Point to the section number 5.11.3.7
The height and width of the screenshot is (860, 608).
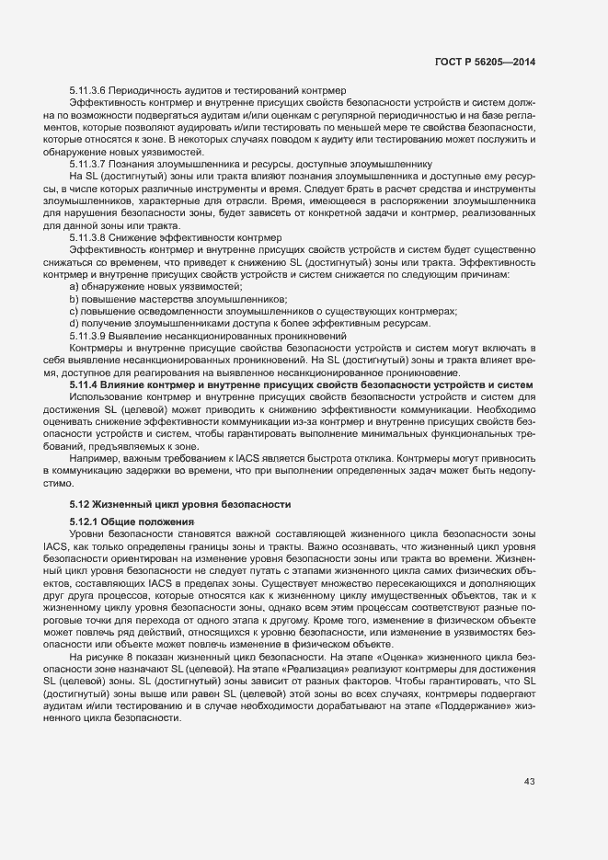click(89, 163)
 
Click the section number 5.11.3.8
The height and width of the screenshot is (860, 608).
click(89, 237)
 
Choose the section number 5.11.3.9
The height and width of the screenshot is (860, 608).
click(89, 337)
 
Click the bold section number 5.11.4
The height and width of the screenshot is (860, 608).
click(85, 384)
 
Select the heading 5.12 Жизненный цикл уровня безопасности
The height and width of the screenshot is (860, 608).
click(180, 503)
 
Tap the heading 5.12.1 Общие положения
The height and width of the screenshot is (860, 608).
click(126, 522)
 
